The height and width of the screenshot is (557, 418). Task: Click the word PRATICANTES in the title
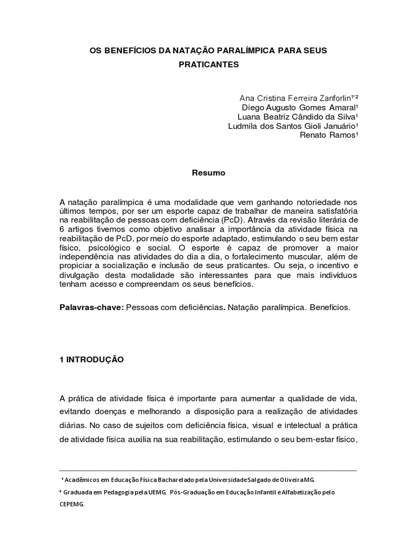pos(208,64)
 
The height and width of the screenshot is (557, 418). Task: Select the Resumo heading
pos(208,173)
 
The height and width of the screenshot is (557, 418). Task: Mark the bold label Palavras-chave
pos(91,307)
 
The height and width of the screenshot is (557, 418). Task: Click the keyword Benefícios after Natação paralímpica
pos(330,307)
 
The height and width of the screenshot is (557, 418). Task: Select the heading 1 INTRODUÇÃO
pos(91,360)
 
